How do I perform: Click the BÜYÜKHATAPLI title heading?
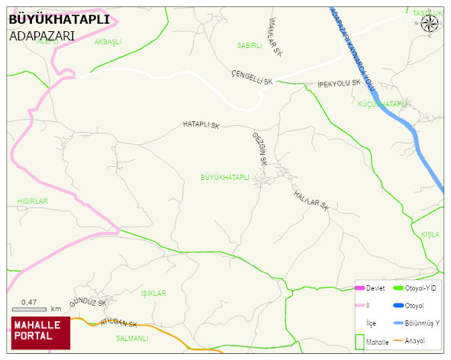[59, 19]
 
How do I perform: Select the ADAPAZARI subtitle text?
[41, 35]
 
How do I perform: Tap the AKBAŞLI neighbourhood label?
[108, 42]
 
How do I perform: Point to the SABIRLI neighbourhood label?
[250, 46]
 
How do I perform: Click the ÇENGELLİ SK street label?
[252, 76]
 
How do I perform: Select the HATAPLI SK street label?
[201, 124]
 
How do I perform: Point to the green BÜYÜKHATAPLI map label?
[224, 177]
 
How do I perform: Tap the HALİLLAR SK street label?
[311, 200]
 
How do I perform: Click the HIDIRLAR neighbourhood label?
[32, 201]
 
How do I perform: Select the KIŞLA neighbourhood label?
[430, 234]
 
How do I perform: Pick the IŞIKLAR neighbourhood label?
[153, 293]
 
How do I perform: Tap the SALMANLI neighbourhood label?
[131, 337]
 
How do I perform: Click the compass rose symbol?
[430, 24]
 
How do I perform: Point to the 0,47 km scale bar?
[31, 308]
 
